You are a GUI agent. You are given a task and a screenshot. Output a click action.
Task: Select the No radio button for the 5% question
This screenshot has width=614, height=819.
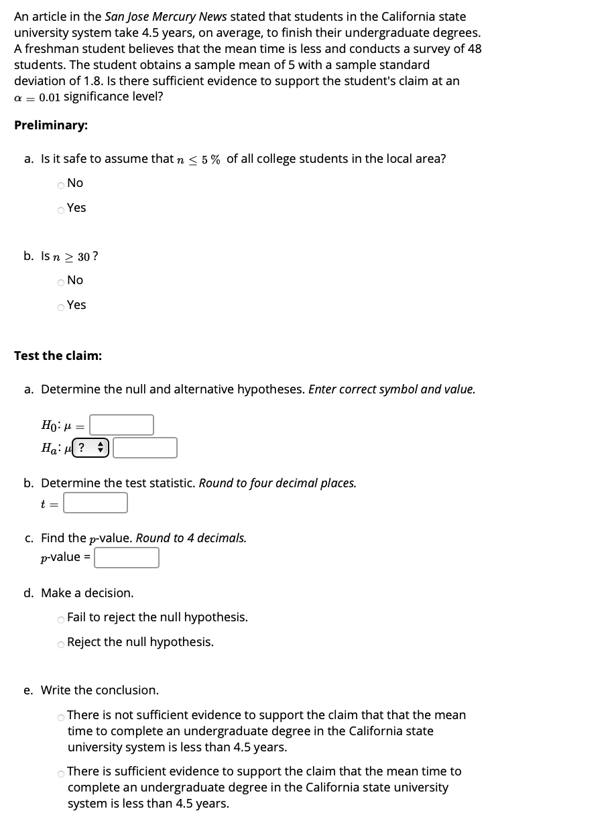click(61, 184)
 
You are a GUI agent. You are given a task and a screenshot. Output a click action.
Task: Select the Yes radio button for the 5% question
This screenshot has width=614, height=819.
click(61, 209)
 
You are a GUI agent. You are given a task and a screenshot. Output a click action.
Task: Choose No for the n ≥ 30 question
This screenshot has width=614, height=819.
click(61, 281)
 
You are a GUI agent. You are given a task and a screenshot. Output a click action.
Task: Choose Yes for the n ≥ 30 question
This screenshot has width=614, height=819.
click(61, 306)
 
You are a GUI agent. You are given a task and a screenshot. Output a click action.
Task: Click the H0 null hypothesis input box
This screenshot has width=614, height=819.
click(121, 424)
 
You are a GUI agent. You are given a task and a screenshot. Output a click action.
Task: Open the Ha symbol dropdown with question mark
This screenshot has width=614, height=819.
click(90, 448)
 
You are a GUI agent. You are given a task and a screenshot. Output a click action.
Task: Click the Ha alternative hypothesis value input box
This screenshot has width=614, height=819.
click(145, 448)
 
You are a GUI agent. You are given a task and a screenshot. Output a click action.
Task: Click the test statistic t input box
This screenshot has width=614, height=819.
click(95, 503)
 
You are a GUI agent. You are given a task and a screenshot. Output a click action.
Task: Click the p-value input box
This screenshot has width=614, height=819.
click(126, 558)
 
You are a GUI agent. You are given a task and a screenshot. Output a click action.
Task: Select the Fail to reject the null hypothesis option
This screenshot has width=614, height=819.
click(61, 619)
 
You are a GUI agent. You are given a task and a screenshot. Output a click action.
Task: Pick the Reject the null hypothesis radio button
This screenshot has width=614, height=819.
click(61, 643)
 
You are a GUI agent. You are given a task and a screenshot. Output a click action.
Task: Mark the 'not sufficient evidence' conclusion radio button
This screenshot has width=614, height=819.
click(61, 717)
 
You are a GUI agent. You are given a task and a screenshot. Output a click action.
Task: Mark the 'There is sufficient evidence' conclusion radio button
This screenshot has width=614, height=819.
click(61, 773)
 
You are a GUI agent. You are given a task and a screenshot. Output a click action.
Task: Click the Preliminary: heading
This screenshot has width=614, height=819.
click(51, 125)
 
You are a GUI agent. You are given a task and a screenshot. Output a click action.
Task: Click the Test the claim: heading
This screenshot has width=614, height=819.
click(58, 356)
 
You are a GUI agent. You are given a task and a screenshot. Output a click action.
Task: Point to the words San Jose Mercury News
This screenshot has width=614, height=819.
click(166, 17)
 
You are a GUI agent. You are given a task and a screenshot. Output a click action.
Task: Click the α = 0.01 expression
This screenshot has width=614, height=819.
click(37, 97)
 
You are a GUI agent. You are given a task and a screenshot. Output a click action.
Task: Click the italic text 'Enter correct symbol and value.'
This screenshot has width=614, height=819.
click(391, 389)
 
